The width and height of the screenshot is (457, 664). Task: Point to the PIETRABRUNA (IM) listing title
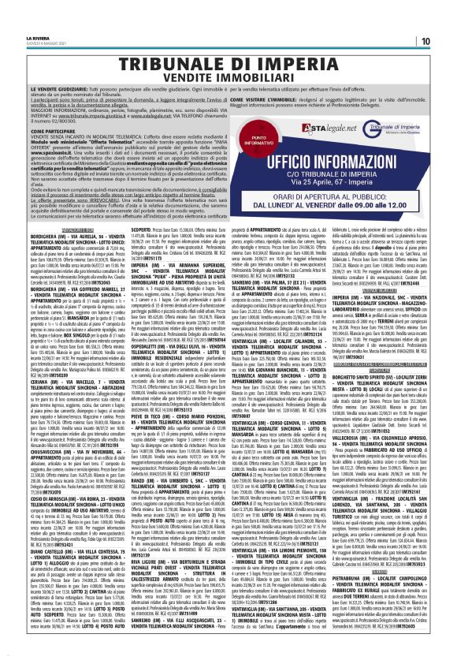click(346, 588)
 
